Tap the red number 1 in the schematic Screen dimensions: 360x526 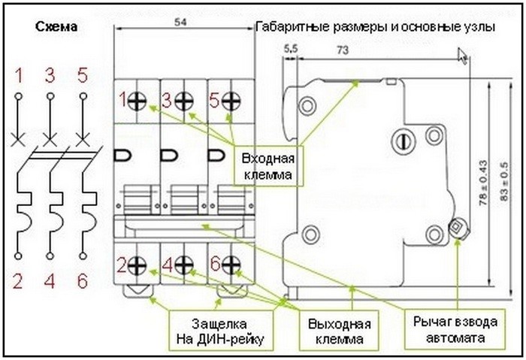tap(18, 75)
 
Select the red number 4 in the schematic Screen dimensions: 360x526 tap(50, 283)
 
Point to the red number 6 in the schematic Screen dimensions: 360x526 tap(83, 283)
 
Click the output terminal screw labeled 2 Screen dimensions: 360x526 tap(138, 265)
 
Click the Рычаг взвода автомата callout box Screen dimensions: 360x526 tap(454, 329)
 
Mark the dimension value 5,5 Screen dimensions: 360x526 tap(291, 50)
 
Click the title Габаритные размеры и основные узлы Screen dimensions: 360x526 tap(375, 27)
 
